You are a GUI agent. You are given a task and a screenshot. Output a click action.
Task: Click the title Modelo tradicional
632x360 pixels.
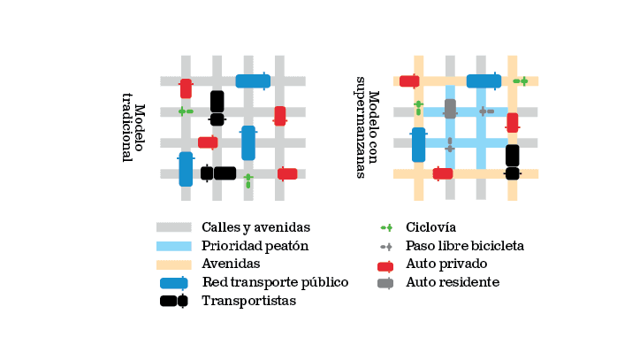(133, 133)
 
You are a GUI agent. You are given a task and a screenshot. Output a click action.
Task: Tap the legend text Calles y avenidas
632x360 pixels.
(255, 228)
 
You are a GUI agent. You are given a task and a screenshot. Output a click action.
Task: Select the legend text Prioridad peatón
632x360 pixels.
(255, 246)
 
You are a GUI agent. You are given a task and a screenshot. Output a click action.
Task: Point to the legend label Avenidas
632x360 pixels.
(231, 264)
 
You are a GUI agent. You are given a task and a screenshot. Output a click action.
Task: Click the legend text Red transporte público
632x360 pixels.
(275, 283)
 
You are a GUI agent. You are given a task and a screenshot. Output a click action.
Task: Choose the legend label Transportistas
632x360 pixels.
(248, 301)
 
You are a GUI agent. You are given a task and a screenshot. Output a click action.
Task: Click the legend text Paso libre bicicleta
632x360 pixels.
(465, 246)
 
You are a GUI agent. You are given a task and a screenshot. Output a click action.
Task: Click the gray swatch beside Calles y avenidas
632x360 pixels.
(174, 228)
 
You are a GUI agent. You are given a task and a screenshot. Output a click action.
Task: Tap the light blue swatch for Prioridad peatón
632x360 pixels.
(174, 246)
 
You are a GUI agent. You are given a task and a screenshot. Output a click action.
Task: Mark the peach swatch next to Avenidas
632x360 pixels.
(174, 264)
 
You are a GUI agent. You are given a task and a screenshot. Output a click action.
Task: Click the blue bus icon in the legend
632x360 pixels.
(174, 283)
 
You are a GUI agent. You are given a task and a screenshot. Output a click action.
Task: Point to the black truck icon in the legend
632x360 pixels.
(174, 301)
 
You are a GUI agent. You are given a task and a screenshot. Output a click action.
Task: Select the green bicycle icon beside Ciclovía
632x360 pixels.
(385, 228)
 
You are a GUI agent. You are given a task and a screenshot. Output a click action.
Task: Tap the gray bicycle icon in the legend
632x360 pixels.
(386, 246)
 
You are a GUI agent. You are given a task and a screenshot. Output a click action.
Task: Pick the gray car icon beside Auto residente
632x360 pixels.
(385, 283)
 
